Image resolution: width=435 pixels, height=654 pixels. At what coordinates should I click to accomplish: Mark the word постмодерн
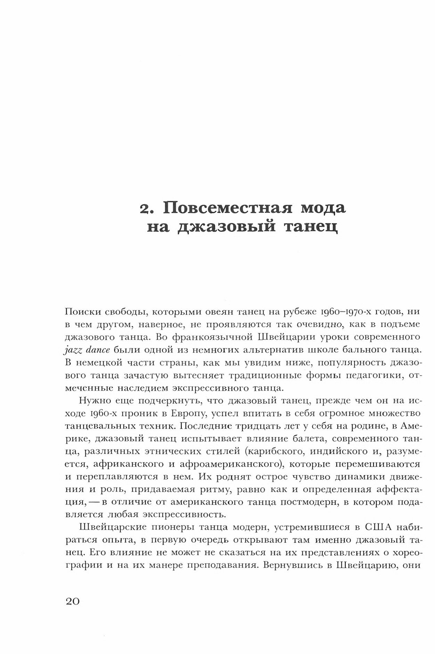point(335,502)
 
